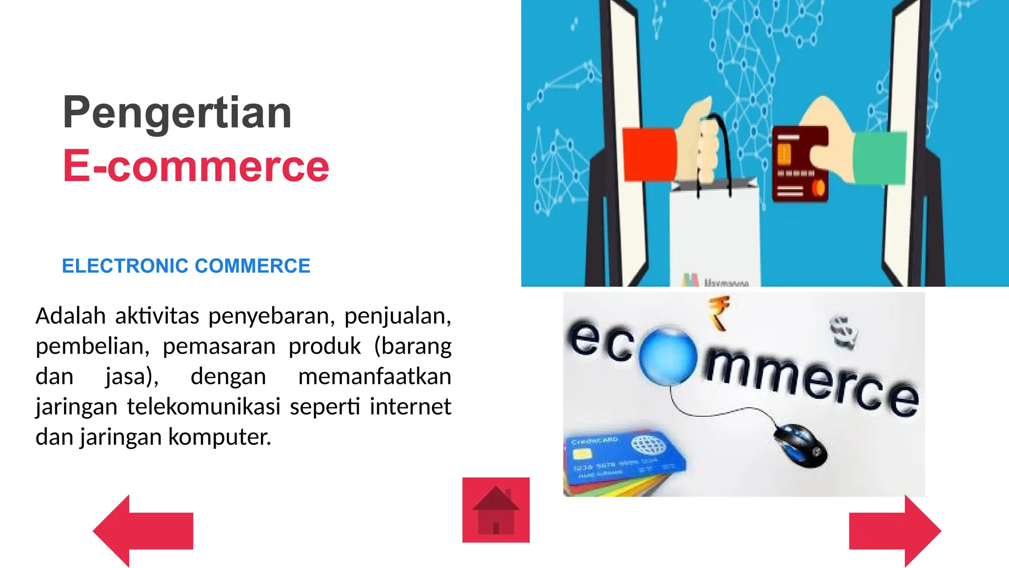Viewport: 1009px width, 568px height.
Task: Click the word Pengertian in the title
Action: [x=177, y=113]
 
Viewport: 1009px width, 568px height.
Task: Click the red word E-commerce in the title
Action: [x=196, y=166]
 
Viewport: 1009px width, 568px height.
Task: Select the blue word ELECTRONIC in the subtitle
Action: [x=125, y=266]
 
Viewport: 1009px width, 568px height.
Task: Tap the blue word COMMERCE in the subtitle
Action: [x=252, y=266]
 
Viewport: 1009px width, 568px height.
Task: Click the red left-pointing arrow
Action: [x=142, y=531]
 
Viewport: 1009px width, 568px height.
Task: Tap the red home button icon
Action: [x=496, y=510]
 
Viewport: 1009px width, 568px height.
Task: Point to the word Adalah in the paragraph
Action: [x=70, y=316]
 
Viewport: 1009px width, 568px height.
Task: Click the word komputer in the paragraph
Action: [x=220, y=437]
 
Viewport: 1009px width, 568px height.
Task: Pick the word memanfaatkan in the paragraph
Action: [x=374, y=377]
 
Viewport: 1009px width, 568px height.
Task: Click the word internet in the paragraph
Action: [x=410, y=407]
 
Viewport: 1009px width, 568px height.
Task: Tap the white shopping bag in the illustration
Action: [x=714, y=232]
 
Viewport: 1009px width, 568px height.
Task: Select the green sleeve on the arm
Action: [x=880, y=158]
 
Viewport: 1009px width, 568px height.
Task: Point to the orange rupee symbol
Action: [x=719, y=312]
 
